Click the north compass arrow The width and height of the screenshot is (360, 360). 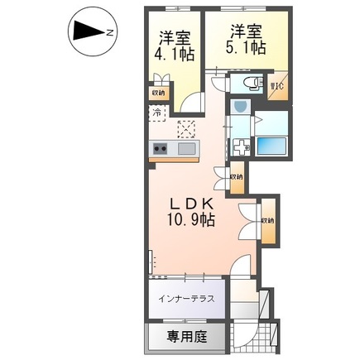(x=85, y=31)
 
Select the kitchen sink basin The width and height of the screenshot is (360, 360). (x=187, y=148)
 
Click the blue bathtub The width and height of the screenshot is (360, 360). (x=273, y=146)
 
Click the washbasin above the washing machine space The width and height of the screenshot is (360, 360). (x=241, y=106)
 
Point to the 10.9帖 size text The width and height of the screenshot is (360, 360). (x=194, y=221)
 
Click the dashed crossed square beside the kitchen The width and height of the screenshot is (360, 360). (x=186, y=127)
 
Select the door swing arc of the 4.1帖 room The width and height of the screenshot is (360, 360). (x=191, y=101)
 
